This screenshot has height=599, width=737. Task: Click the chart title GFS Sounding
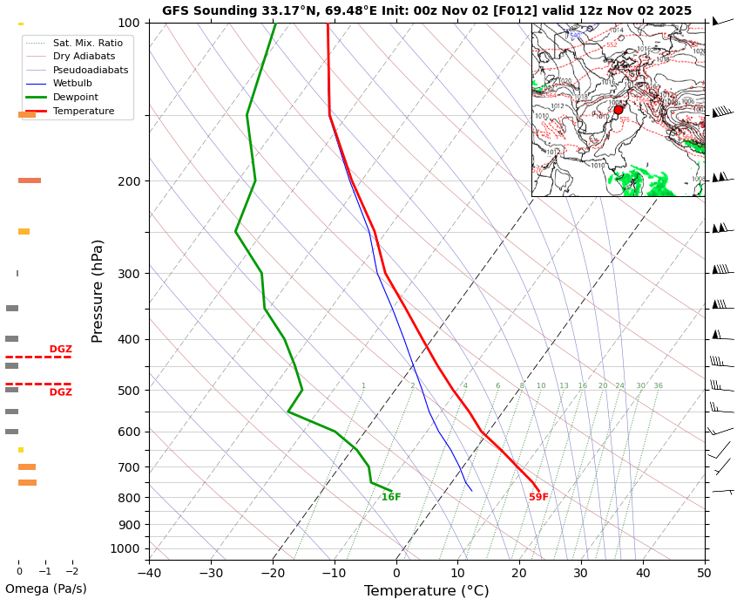(426, 10)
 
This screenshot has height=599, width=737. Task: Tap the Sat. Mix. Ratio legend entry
(87, 43)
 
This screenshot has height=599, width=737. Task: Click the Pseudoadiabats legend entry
(90, 70)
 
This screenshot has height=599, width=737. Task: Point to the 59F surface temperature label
(538, 498)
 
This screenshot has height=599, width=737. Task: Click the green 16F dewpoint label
(391, 498)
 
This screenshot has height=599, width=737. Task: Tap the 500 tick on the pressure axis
(128, 391)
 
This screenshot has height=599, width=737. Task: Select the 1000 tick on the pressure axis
(125, 548)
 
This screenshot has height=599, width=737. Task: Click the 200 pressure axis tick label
(128, 181)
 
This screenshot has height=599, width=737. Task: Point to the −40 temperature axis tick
(149, 573)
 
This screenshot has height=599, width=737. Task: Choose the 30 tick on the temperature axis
(580, 573)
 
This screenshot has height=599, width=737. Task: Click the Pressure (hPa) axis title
(98, 290)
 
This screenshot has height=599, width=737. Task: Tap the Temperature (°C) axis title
(426, 590)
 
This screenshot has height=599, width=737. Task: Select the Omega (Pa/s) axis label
(45, 589)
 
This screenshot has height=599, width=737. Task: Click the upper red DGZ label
(60, 350)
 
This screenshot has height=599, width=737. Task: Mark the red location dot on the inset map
(618, 110)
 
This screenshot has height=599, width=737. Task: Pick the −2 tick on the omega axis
(72, 572)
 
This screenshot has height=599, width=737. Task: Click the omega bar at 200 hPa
(30, 180)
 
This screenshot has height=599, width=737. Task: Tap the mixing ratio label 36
(658, 386)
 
